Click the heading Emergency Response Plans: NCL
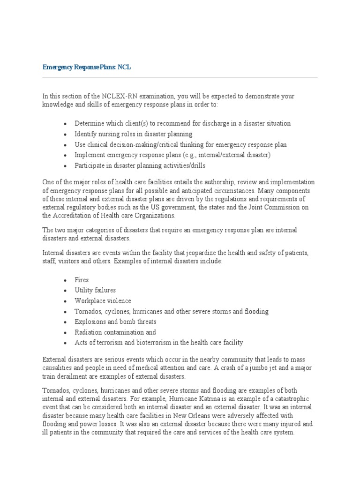pos(87,67)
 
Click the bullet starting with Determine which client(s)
pos(182,123)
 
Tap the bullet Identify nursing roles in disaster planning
pos(133,134)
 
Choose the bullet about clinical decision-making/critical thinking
pos(180,144)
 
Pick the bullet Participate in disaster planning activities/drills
pos(140,165)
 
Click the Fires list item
pos(82,280)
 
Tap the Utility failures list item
pos(95,290)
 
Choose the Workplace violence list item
pos(103,301)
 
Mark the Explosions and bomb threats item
pos(115,322)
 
